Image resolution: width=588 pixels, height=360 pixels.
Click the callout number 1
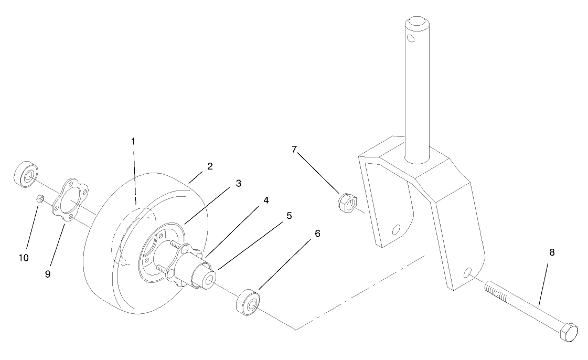[133, 141]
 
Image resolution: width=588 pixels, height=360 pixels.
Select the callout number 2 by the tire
[210, 166]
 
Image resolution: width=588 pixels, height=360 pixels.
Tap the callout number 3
[238, 183]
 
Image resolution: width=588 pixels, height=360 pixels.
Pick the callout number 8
[551, 253]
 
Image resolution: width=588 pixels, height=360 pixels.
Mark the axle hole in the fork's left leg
[397, 229]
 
